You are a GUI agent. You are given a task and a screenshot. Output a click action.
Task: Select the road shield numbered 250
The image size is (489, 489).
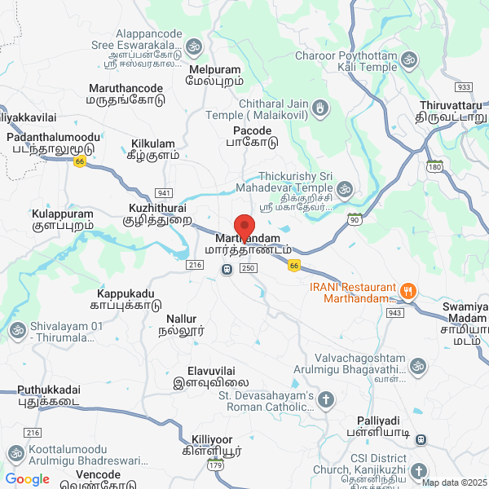(x=249, y=268)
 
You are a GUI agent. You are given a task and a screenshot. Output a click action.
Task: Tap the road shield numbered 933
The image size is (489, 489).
(x=464, y=87)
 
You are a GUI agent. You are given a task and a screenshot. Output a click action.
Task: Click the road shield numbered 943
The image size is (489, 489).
(x=396, y=313)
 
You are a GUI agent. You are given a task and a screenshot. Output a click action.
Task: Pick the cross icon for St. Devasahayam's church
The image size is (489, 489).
(x=326, y=399)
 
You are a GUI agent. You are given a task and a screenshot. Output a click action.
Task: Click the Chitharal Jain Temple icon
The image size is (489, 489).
(x=322, y=107)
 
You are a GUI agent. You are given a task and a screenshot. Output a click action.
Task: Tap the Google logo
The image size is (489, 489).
(x=27, y=479)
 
